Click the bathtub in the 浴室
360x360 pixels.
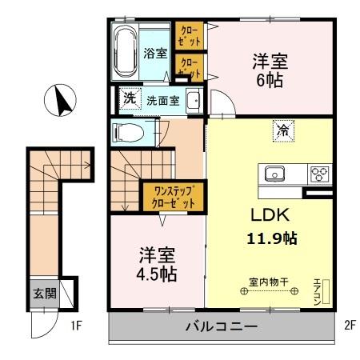[x=126, y=50]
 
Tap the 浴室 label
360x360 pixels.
[x=155, y=54]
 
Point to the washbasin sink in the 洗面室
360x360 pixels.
[x=193, y=101]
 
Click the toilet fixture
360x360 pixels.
[x=128, y=133]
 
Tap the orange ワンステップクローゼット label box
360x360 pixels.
[x=174, y=196]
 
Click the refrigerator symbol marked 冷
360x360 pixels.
[x=283, y=130]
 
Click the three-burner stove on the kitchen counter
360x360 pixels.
[x=319, y=173]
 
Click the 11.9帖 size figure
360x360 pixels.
[x=270, y=238]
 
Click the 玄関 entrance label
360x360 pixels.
[x=44, y=294]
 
